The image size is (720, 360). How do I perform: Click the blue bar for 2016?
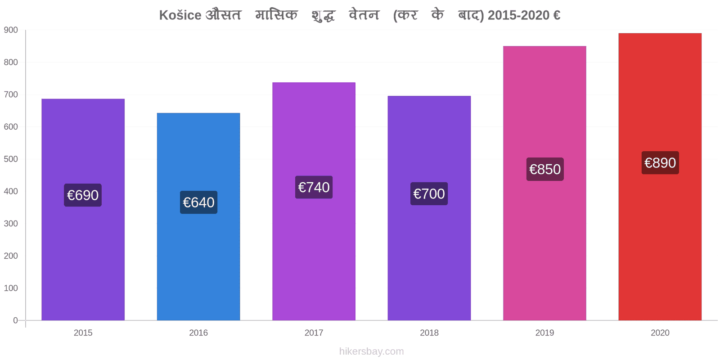(198, 216)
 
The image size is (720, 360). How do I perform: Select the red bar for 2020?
(660, 177)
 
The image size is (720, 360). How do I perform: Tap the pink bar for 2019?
(544, 183)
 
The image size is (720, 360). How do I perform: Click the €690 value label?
(83, 195)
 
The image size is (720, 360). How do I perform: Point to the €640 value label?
(198, 202)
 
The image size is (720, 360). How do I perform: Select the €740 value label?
(314, 187)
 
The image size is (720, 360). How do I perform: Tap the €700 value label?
(429, 193)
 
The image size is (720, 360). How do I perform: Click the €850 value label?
(545, 169)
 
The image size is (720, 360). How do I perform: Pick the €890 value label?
(660, 162)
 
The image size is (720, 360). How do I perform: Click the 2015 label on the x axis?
(83, 333)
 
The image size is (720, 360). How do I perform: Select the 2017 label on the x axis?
(314, 333)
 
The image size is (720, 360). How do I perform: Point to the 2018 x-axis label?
(429, 333)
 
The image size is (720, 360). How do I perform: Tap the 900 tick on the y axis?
(11, 30)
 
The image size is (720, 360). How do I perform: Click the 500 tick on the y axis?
(11, 159)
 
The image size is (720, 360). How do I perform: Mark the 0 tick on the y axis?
(15, 320)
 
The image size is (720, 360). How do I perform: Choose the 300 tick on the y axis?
(11, 224)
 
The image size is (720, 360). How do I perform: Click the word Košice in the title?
(180, 15)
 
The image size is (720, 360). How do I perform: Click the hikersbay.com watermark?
(372, 351)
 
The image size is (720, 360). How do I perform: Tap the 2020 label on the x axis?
(660, 333)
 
